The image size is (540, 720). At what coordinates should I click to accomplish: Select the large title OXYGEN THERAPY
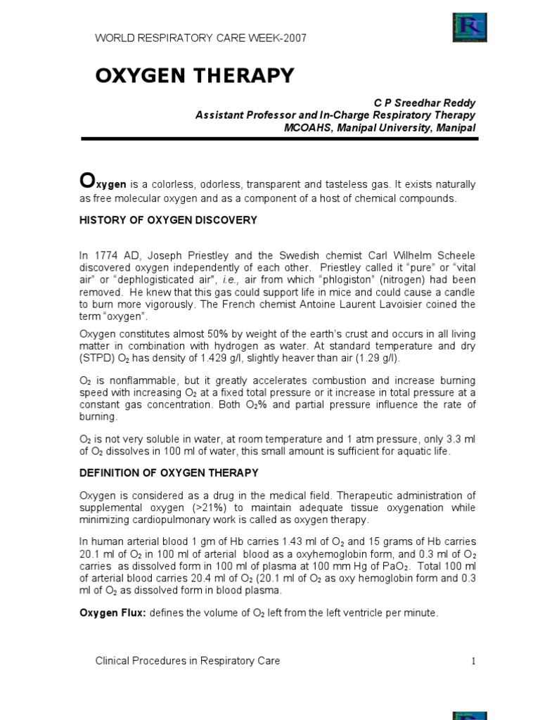195,76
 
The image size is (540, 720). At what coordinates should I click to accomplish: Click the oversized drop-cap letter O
86,181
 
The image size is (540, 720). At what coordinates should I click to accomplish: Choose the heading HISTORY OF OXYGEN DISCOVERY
168,220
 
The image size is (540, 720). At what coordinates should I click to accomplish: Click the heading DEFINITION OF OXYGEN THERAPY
169,472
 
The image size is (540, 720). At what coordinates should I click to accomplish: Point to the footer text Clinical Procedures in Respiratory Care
187,660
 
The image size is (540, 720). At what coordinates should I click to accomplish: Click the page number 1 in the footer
474,661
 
